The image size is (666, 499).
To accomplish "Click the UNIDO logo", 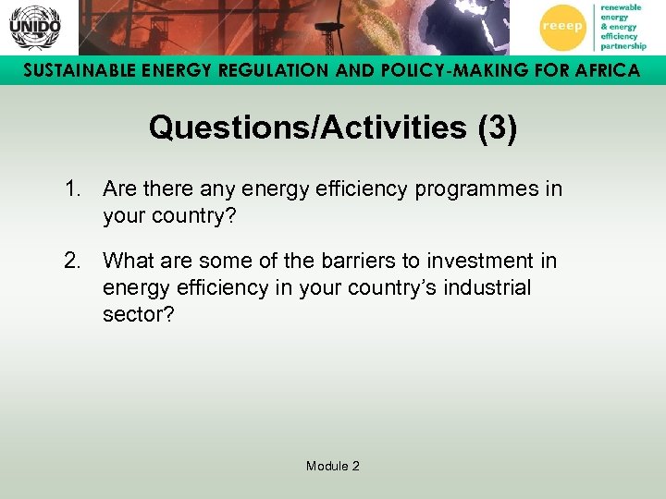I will pyautogui.click(x=35, y=28).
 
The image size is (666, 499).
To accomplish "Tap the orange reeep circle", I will pyautogui.click(x=561, y=26).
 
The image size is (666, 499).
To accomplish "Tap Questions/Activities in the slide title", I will pyautogui.click(x=307, y=128).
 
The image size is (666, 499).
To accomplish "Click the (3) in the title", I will pyautogui.click(x=497, y=128).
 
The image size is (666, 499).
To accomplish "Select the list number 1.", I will pyautogui.click(x=71, y=189).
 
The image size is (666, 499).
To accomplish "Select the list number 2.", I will pyautogui.click(x=71, y=262).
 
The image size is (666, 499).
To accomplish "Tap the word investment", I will pyautogui.click(x=480, y=262).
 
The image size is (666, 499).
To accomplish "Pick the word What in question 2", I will pyautogui.click(x=128, y=262).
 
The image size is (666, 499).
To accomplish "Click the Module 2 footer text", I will pyautogui.click(x=333, y=466).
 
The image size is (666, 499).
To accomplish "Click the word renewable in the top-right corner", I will pyautogui.click(x=621, y=6).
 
